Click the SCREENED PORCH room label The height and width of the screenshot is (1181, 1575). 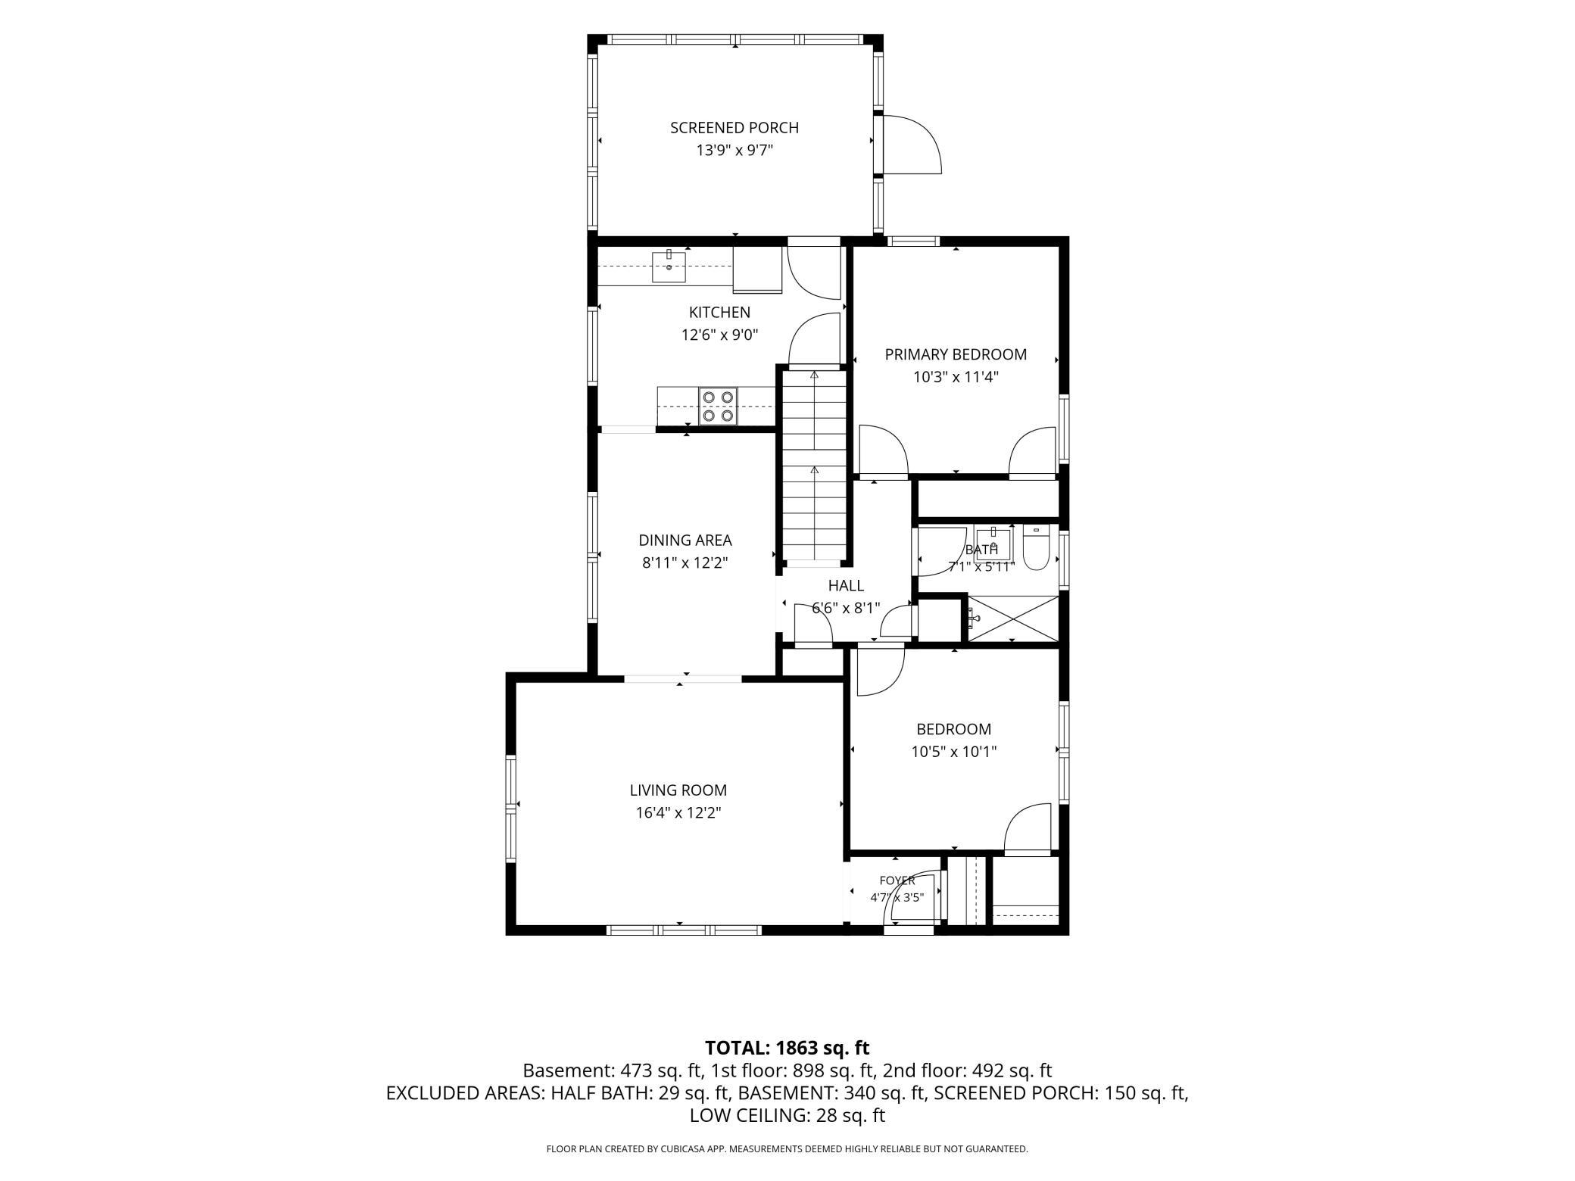tap(734, 128)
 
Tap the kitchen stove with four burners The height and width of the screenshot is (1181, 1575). tap(718, 406)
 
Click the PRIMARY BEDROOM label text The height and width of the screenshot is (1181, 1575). tap(956, 354)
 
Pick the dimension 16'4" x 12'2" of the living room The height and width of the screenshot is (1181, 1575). tap(678, 813)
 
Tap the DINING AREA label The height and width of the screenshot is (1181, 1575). tap(685, 541)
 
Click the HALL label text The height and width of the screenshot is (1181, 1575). tap(846, 585)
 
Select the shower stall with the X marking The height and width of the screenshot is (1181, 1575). tap(1013, 619)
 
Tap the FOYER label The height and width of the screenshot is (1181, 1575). tap(897, 880)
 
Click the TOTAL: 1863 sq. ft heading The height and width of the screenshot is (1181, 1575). tap(787, 1048)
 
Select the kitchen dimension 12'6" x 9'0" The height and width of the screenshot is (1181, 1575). tap(719, 335)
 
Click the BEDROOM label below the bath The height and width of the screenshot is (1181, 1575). tap(953, 729)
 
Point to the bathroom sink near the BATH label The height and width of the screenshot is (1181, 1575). tap(993, 545)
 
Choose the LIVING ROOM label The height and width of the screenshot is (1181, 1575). tap(678, 790)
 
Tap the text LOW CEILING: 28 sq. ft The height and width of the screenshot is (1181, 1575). tap(787, 1115)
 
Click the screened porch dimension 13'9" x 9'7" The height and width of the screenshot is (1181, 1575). tap(734, 151)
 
